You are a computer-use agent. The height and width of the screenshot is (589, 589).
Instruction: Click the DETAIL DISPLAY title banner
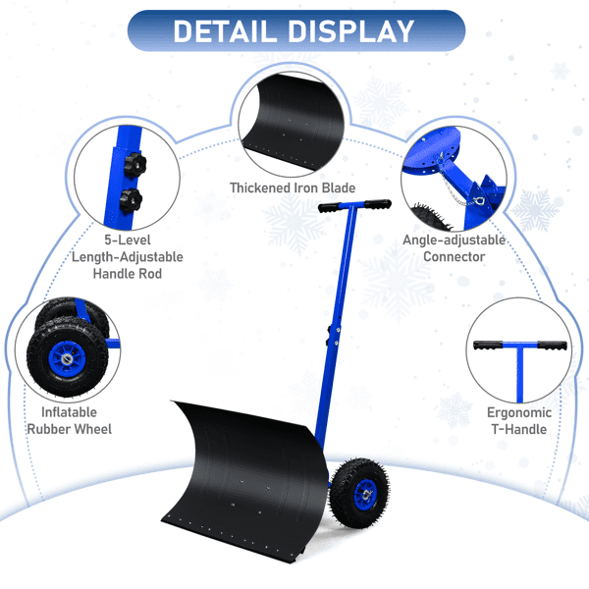coord(296,30)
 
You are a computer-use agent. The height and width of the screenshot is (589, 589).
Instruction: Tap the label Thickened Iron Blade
coord(293,187)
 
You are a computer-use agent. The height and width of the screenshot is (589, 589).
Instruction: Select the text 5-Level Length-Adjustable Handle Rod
coord(128,257)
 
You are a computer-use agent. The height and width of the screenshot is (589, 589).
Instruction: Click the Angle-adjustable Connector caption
coord(454,248)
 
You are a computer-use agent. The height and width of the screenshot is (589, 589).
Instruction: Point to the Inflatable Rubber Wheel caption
coord(69,421)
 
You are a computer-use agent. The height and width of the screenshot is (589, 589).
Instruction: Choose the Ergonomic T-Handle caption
coord(519,421)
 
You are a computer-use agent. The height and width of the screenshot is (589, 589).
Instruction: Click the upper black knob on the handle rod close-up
coord(134,165)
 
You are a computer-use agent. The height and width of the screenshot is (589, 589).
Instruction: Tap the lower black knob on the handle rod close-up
coord(131,200)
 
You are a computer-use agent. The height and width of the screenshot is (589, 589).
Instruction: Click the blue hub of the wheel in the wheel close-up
coord(67,358)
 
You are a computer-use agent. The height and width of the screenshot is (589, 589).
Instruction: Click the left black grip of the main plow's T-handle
coord(329,207)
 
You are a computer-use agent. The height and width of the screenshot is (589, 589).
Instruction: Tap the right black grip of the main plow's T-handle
coord(377,204)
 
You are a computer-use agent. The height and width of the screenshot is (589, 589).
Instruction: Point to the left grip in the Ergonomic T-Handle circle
coord(488,346)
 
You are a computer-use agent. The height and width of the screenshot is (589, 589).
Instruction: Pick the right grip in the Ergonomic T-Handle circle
coord(552,346)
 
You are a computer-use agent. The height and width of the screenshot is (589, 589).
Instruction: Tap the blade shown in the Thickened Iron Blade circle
coord(293,122)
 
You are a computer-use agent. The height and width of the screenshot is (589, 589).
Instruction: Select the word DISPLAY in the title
coord(350,31)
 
